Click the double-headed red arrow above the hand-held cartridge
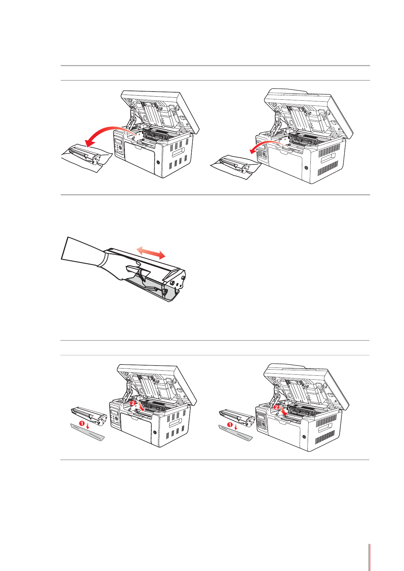click(x=151, y=253)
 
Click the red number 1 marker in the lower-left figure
click(x=82, y=424)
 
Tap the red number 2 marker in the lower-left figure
click(x=133, y=403)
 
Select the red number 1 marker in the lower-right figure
click(x=230, y=425)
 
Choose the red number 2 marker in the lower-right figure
click(x=276, y=407)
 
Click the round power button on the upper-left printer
click(x=158, y=162)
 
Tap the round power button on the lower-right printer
click(x=304, y=437)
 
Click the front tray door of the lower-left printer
click(x=137, y=428)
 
